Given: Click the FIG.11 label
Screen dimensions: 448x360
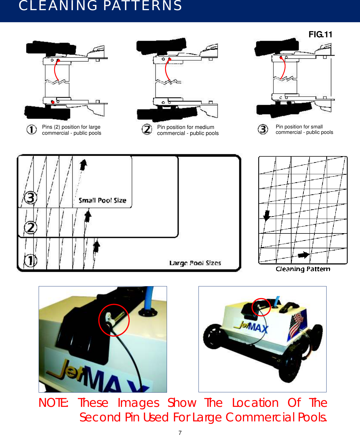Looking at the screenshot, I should click(320, 34).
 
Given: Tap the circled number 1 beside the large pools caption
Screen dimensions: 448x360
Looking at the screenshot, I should click(32, 129).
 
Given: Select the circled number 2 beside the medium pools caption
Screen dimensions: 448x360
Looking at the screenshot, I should click(147, 129).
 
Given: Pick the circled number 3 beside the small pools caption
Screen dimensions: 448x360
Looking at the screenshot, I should click(263, 129).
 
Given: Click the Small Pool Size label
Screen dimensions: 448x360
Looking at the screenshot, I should click(102, 200).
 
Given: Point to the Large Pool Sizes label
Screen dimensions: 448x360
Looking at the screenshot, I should click(195, 263).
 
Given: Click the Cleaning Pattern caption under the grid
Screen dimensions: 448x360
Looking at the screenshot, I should click(303, 269).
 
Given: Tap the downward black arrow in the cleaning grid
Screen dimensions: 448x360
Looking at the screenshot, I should click(266, 215).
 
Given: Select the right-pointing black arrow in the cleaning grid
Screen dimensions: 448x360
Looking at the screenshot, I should click(303, 255).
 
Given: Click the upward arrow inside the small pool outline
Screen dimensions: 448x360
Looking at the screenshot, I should click(83, 165).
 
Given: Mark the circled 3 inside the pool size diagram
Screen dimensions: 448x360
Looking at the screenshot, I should click(30, 198).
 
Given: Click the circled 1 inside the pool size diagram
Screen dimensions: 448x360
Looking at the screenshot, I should click(30, 260).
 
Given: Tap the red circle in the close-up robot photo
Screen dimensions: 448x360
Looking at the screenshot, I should click(114, 320).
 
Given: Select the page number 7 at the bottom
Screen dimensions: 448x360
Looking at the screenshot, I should click(180, 433).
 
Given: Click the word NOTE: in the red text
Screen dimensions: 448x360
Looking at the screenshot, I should click(53, 403).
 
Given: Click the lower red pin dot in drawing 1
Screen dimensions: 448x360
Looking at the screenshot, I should click(53, 102).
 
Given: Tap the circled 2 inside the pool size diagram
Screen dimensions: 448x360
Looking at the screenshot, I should click(30, 228).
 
